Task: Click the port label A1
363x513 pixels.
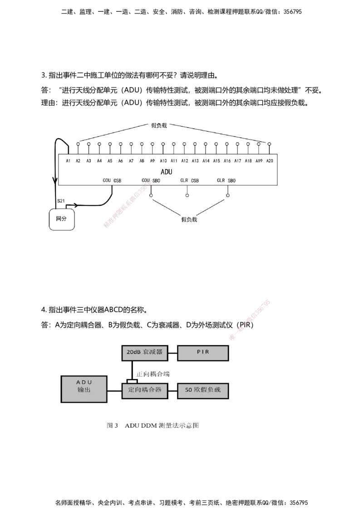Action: (x=68, y=160)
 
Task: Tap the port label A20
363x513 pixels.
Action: (x=270, y=160)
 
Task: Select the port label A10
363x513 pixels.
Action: (x=163, y=160)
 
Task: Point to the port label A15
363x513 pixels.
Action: (x=216, y=160)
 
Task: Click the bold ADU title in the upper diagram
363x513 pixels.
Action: (x=167, y=172)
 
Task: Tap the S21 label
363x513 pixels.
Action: (x=60, y=200)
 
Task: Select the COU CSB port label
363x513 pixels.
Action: (x=112, y=180)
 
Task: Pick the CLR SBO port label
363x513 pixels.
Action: (x=226, y=180)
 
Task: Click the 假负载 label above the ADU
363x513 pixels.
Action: (x=159, y=126)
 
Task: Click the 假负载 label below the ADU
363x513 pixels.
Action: (x=189, y=219)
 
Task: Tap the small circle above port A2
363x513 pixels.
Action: (x=78, y=144)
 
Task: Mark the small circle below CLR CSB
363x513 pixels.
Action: (x=187, y=195)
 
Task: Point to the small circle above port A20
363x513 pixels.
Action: (x=269, y=144)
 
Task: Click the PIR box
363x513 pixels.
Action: (x=203, y=352)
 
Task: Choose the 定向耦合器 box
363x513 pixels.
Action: (x=144, y=390)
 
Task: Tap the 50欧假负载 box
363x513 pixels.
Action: (x=203, y=390)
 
